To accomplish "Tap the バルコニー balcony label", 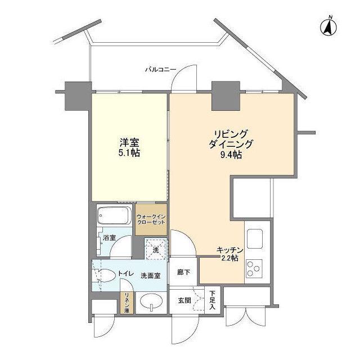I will click(x=160, y=70).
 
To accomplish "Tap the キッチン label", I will click(x=230, y=250).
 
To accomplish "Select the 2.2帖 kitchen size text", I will click(x=230, y=258).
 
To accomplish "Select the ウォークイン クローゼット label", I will click(x=151, y=219).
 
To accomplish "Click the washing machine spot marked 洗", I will click(x=156, y=248).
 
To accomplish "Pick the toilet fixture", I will click(x=105, y=275).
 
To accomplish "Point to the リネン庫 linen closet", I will click(x=127, y=303).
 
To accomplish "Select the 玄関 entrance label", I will click(x=184, y=300).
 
